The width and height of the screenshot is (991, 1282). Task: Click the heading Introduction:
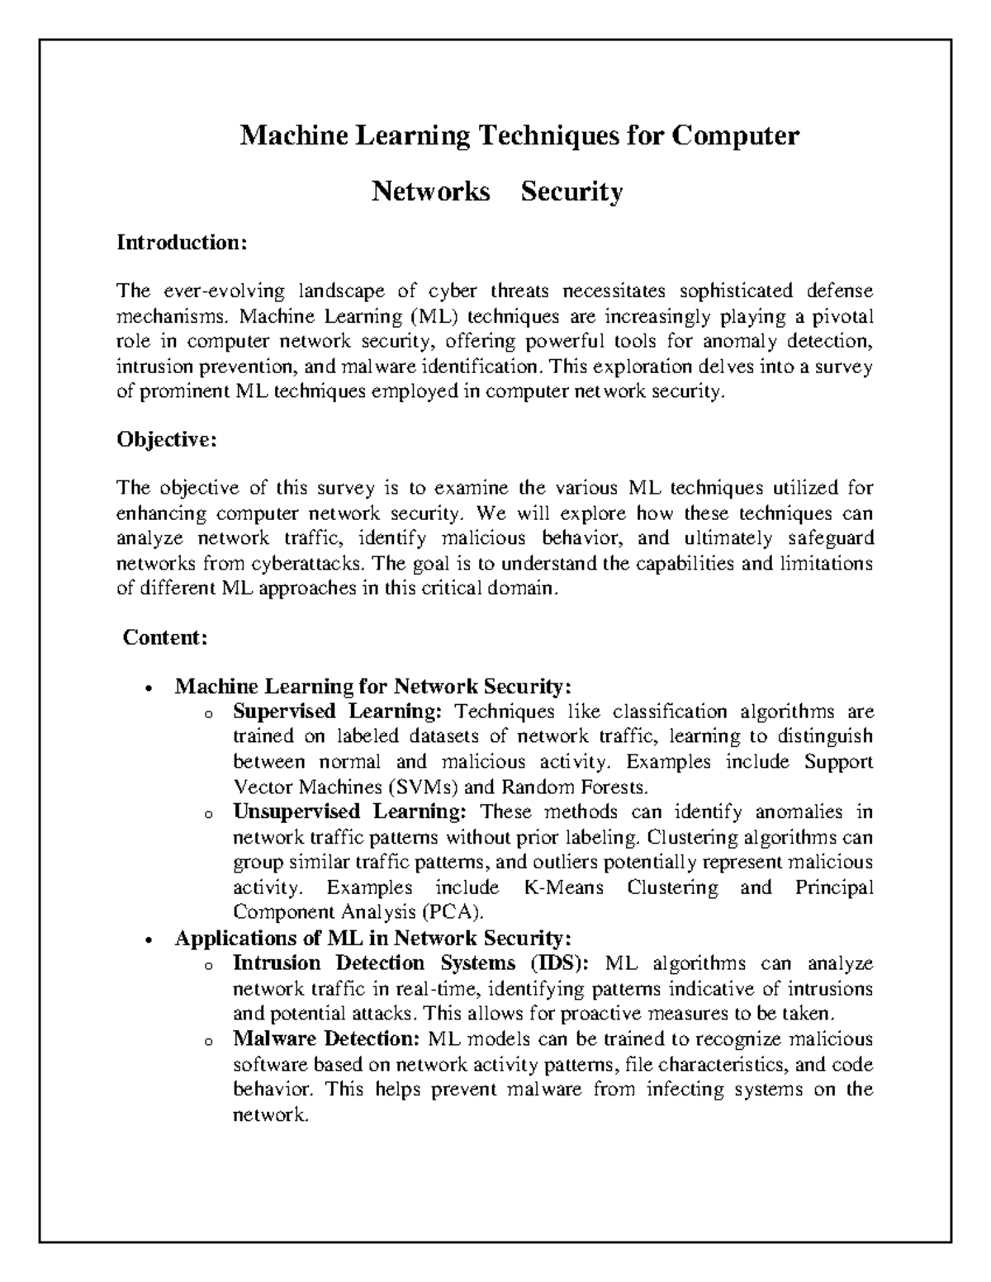[x=182, y=243]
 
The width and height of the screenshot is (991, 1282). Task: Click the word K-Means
[x=563, y=888]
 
